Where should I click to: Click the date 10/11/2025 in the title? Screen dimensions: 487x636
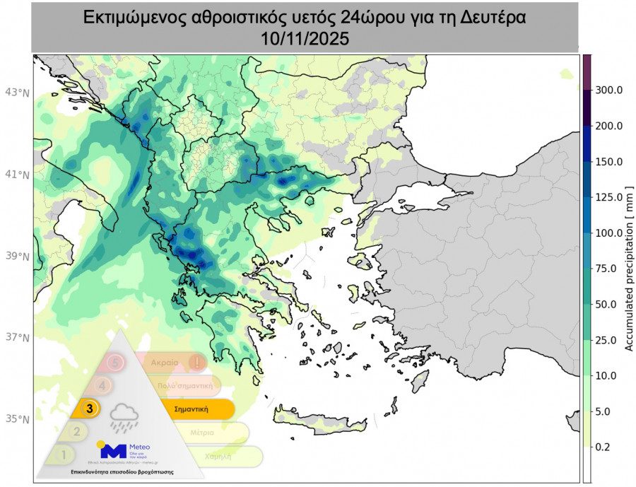pos(305,40)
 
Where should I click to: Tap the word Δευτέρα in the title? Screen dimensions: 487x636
pos(490,18)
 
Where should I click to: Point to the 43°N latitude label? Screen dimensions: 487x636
pos(18,93)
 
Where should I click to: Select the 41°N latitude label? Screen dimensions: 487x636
pos(18,175)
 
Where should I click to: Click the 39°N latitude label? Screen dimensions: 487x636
pos(18,257)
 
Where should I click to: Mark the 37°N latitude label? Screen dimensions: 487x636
pos(18,338)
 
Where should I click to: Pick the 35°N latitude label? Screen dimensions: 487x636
pos(18,419)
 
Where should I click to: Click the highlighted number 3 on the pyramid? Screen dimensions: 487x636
pos(90,408)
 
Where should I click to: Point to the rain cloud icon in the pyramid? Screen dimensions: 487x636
pos(124,417)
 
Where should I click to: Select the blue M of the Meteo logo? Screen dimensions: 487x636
pos(113,450)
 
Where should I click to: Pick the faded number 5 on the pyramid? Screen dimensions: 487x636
pos(117,363)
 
